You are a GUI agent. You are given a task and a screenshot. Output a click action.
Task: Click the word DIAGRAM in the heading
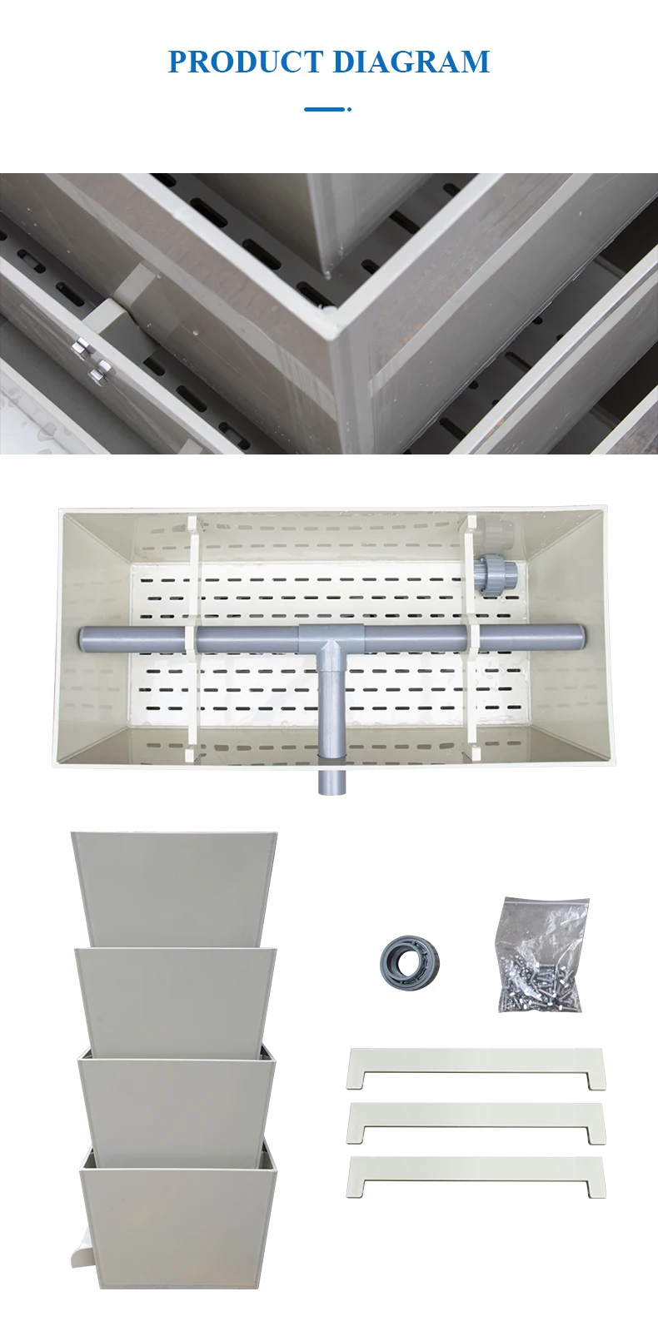click(x=411, y=62)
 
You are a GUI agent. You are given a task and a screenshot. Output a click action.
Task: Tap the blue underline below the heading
click(x=327, y=109)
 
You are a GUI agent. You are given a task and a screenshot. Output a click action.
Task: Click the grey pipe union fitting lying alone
click(x=410, y=963)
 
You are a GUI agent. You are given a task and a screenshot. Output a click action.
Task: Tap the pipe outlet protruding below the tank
click(x=331, y=781)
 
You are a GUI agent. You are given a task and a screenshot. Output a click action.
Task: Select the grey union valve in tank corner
click(x=496, y=574)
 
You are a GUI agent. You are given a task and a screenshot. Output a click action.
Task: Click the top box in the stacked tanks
click(x=173, y=887)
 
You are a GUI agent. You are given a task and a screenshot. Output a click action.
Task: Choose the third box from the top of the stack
click(x=177, y=1107)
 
